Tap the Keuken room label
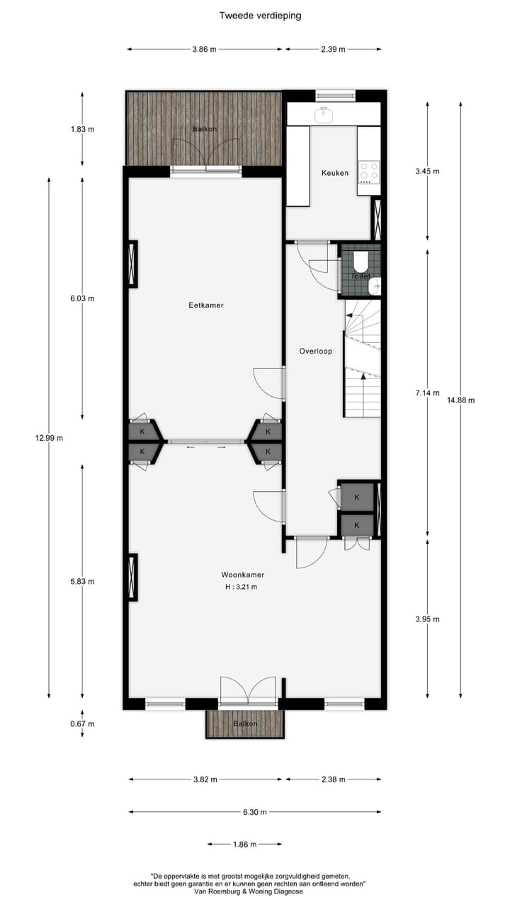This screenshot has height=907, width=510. pos(335,172)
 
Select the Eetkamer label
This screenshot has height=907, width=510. pos(206,305)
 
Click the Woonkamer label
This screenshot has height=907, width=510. pos(237,575)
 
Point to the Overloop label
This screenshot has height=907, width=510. pos(315,351)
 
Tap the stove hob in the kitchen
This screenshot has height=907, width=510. pos(368,171)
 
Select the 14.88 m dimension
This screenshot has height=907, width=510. pos(460,400)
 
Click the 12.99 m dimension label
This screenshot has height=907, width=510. pos(49,437)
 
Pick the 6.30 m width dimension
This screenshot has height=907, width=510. pos(255,812)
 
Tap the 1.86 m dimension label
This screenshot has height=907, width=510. pos(244,844)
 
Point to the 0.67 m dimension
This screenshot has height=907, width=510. pos(82,723)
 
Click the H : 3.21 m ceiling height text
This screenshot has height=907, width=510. pos(237,587)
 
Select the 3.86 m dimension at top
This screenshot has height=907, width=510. pos(204,50)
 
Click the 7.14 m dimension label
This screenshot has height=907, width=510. pos(427,393)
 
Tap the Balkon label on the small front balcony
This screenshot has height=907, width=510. pos(245,723)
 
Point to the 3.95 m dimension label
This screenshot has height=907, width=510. pos(427,619)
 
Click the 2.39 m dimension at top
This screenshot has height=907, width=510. pos(333,50)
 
